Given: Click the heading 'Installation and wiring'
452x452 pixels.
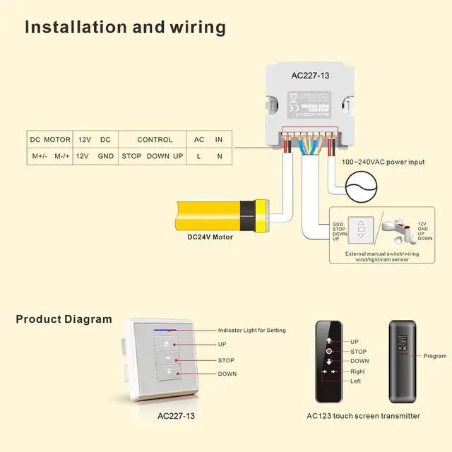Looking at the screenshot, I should pos(126,28).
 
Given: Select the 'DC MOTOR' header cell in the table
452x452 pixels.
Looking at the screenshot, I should pos(49,140).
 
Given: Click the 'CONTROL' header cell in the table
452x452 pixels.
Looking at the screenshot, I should pos(155,140).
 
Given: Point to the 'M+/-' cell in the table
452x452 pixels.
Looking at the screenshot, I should pos(40,155).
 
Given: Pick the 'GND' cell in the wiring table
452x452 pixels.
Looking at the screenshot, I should pos(106,155).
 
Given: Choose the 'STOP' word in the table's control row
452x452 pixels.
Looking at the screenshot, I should pos(132,155).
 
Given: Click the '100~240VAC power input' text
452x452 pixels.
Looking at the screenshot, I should pos(383,162).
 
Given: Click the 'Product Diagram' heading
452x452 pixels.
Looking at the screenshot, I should pos(64,319).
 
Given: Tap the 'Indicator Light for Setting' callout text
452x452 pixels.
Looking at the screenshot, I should pos(252,331).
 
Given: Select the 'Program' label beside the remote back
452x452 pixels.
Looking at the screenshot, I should pos(435,356).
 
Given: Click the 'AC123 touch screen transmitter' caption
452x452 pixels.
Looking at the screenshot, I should pos(364,416).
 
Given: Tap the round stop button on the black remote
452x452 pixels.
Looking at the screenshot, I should pos(329,351).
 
